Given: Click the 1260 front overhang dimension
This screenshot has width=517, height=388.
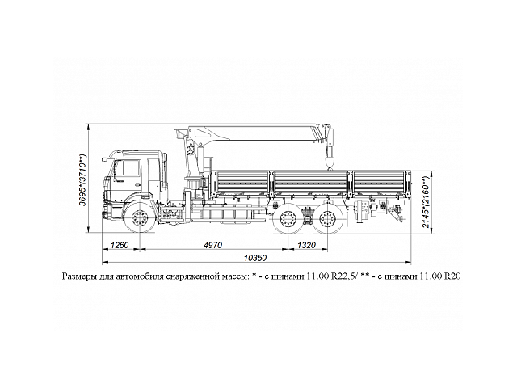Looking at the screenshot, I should [119, 243].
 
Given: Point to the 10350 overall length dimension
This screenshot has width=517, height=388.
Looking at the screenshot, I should [255, 257].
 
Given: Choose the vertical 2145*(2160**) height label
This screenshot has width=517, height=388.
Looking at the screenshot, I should [427, 201].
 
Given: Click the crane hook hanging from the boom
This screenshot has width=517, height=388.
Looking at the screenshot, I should [330, 164].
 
